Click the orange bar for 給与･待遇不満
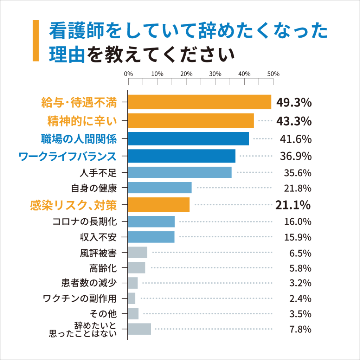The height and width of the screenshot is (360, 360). (200, 102)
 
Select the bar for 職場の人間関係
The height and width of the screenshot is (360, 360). (188, 139)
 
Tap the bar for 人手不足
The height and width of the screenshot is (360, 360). (180, 172)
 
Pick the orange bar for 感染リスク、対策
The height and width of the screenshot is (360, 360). (159, 205)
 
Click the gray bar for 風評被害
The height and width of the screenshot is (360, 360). (137, 252)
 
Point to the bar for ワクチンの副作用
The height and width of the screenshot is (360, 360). (132, 298)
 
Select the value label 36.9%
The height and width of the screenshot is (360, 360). (296, 156)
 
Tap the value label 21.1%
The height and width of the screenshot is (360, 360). (293, 204)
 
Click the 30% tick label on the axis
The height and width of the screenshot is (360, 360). (215, 74)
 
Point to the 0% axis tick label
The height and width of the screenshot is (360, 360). (129, 74)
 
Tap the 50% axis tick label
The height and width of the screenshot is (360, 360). (273, 74)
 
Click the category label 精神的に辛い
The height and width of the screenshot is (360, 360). (82, 121)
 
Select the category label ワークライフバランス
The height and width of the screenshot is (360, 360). (67, 156)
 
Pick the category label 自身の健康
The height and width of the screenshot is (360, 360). (94, 188)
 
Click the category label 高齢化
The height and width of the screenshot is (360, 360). (103, 268)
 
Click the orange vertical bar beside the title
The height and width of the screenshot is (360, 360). (35, 40)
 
